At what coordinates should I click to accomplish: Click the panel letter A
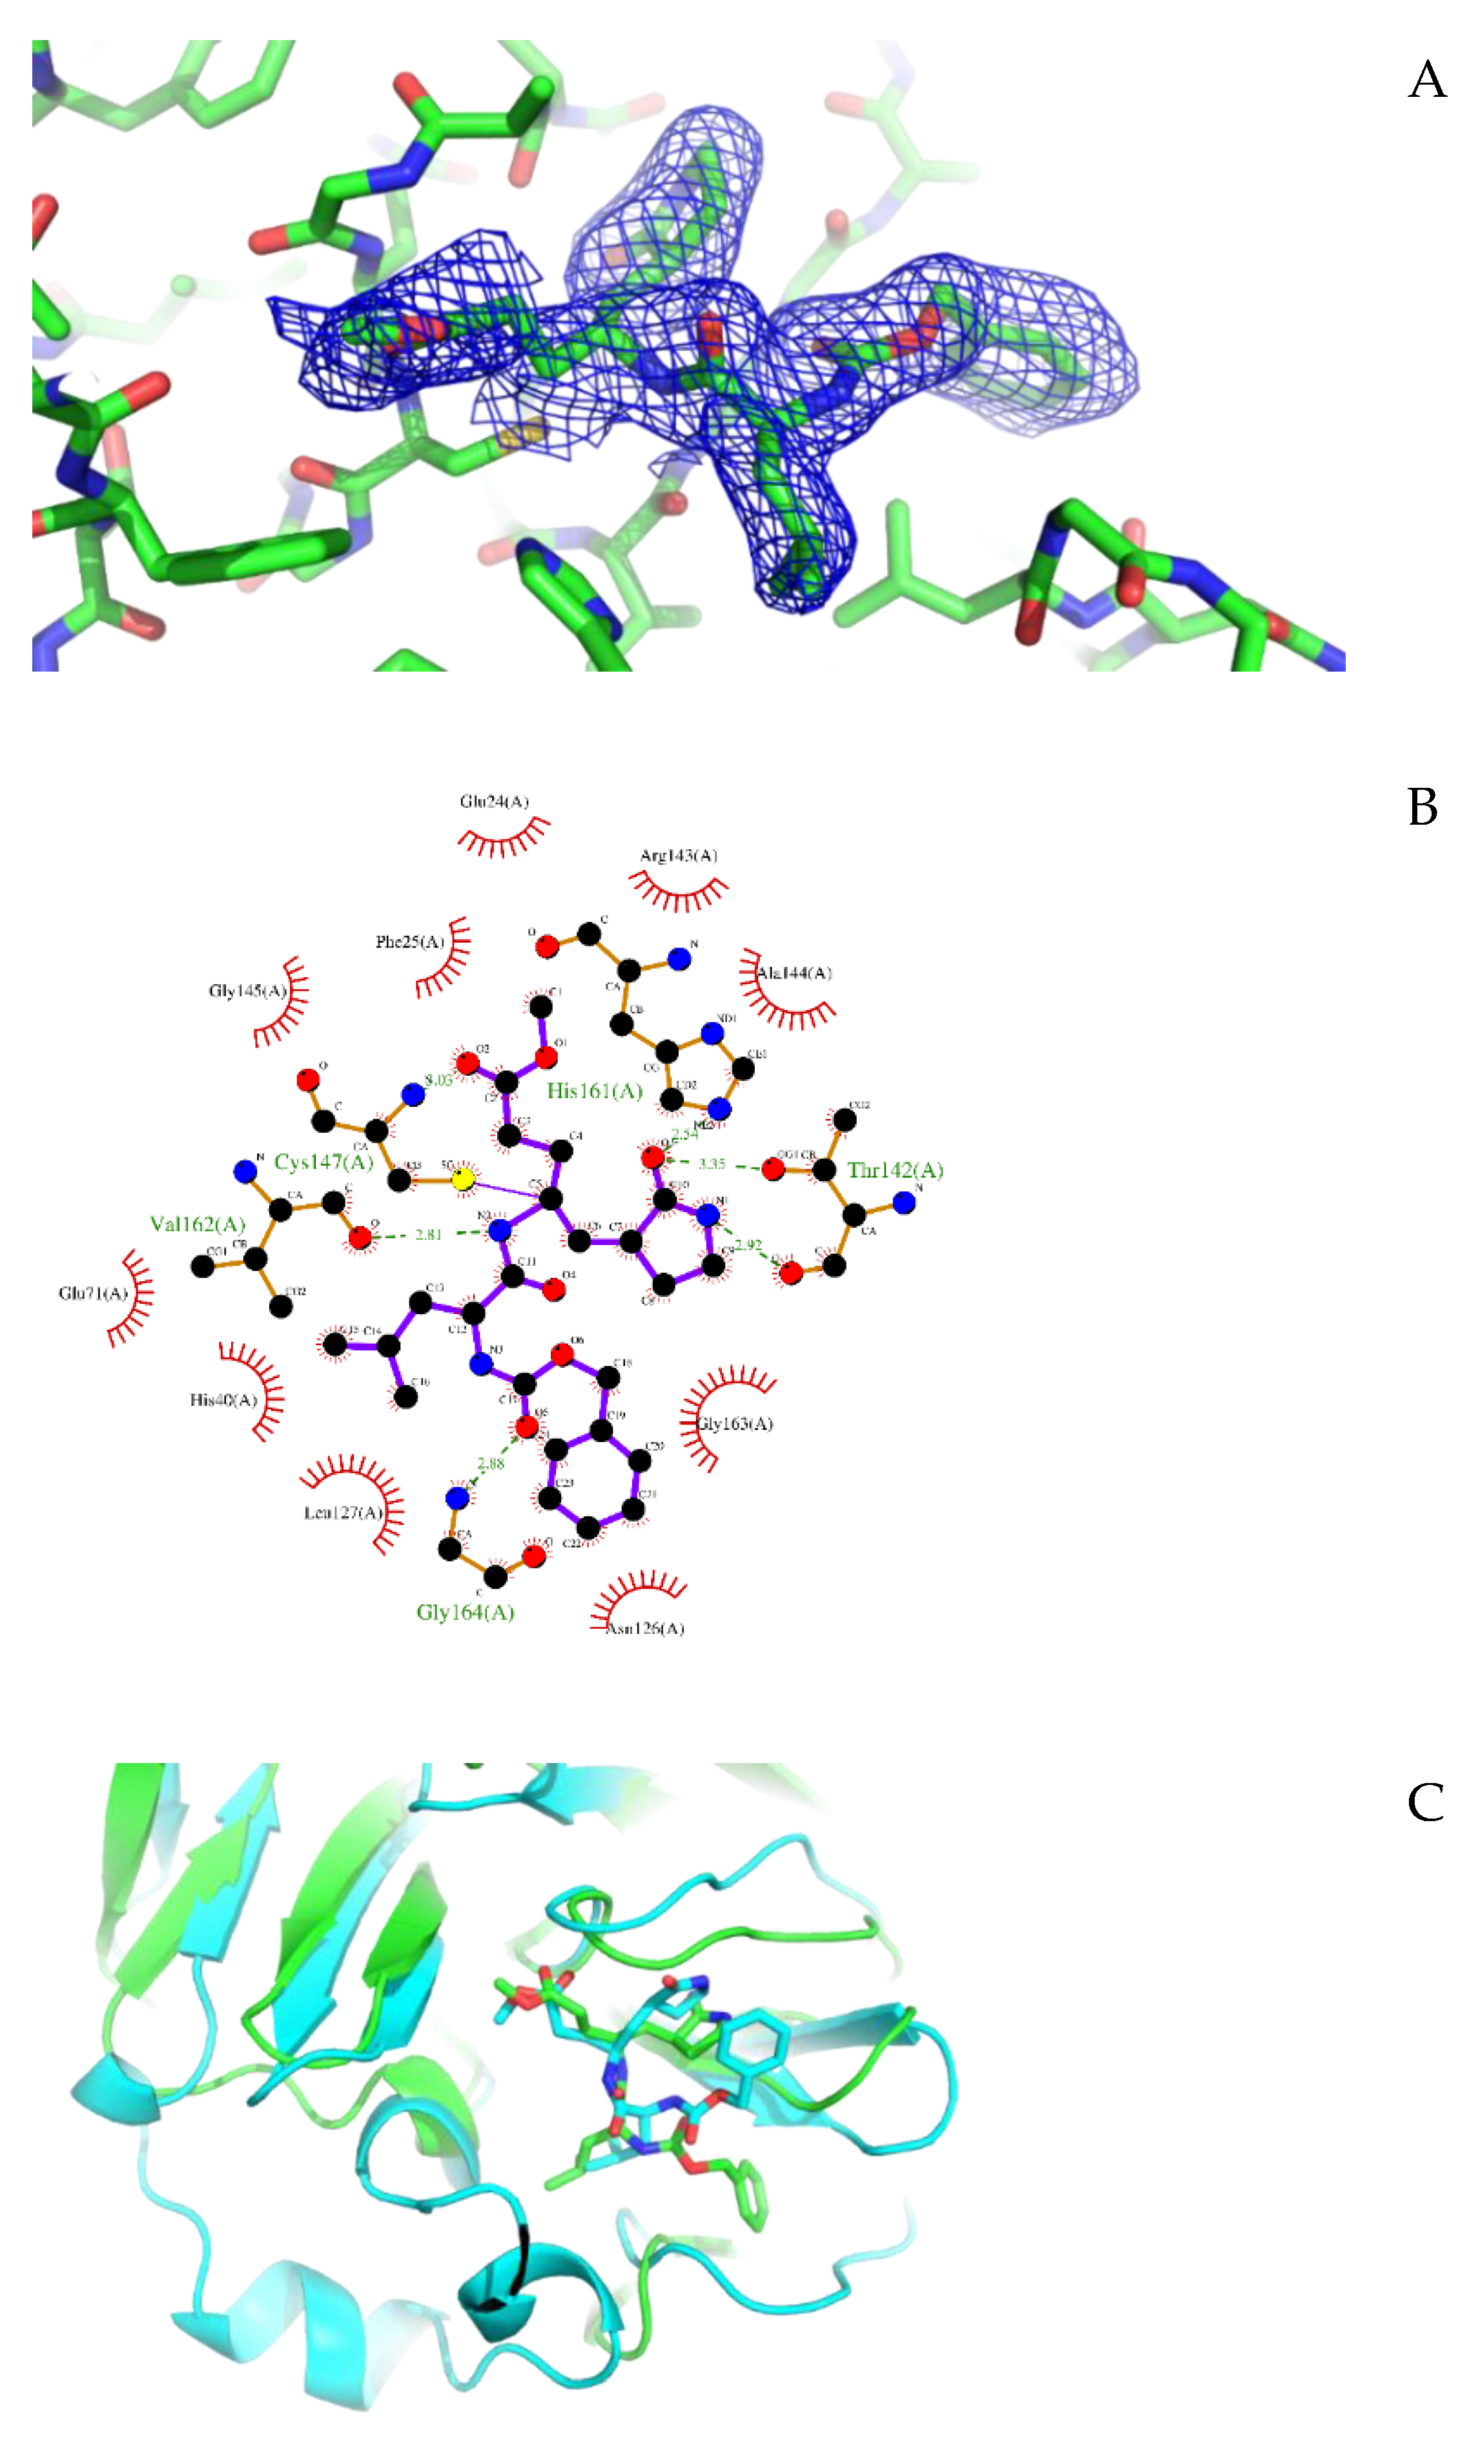1426,80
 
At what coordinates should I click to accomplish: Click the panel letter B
1423,807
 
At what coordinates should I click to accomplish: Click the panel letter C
1426,1802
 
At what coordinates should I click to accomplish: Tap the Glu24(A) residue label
494,801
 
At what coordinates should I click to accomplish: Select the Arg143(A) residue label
678,855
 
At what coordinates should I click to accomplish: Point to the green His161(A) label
594,1091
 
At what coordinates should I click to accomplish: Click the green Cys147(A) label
324,1161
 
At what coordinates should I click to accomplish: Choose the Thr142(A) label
895,1170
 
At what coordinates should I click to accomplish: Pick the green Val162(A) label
197,1224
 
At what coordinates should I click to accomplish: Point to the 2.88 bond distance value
491,1463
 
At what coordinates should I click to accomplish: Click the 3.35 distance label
712,1164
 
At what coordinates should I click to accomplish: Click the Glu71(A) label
93,1294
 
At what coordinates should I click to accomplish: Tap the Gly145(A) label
247,991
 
